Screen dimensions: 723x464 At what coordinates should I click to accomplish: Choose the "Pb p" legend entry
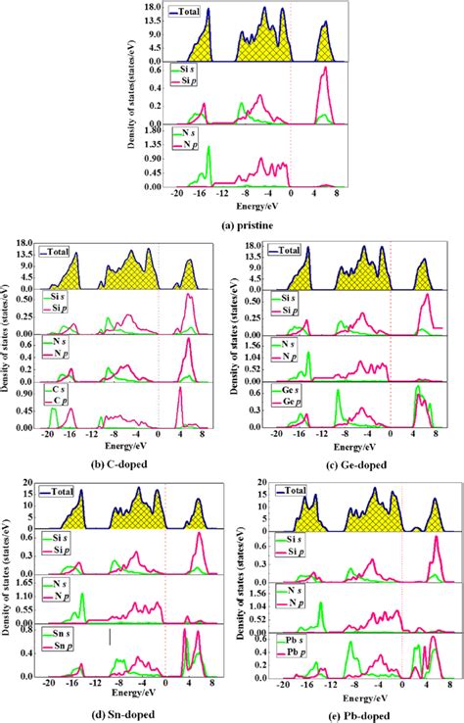pyautogui.click(x=289, y=649)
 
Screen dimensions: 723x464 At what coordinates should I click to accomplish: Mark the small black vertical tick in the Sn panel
pyautogui.click(x=111, y=637)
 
